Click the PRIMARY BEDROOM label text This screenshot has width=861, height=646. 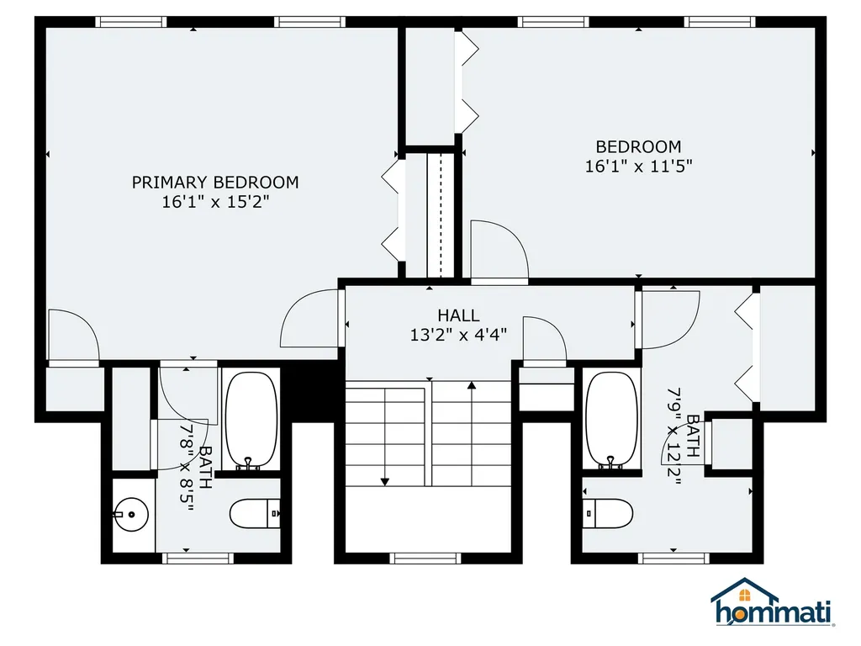coord(215,183)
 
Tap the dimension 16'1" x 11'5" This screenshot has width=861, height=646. coord(639,166)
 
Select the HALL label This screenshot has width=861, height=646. coord(458,315)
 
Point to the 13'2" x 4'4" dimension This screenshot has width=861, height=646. coord(458,335)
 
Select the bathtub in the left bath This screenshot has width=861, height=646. coord(251,421)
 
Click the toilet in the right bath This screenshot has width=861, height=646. coord(607,514)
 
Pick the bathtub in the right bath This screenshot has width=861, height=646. coord(612,421)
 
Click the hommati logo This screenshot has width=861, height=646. coord(773,602)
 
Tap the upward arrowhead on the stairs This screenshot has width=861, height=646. coord(472,385)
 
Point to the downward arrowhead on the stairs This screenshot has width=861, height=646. coord(385,482)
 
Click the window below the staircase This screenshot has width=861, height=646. coord(425,559)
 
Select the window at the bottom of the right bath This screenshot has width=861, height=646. coord(673,559)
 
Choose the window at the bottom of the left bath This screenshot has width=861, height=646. coord(198,559)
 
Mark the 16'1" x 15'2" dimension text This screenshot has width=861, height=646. coord(215,202)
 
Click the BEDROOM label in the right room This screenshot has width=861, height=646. coord(639,146)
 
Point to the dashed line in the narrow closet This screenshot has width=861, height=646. coord(441,216)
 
